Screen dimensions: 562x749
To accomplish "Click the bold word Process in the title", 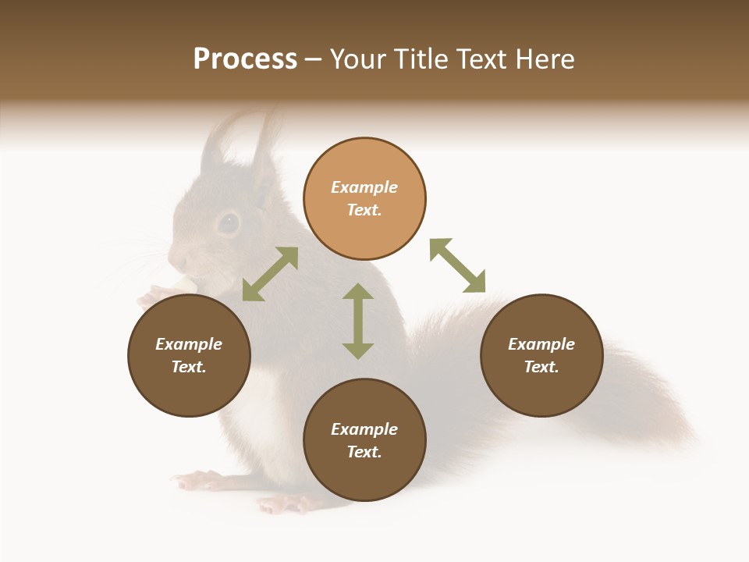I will (x=245, y=59).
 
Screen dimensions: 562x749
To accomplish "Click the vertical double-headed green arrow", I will (x=358, y=321).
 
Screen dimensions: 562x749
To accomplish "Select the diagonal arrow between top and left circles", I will (x=270, y=274).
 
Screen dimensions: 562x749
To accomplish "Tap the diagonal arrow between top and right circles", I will (x=457, y=265).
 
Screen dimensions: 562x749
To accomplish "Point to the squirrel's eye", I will (x=228, y=223).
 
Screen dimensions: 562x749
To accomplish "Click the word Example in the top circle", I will (x=364, y=187).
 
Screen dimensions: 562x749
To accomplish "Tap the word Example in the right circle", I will (x=541, y=344).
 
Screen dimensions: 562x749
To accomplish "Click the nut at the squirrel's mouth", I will (x=184, y=283).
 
